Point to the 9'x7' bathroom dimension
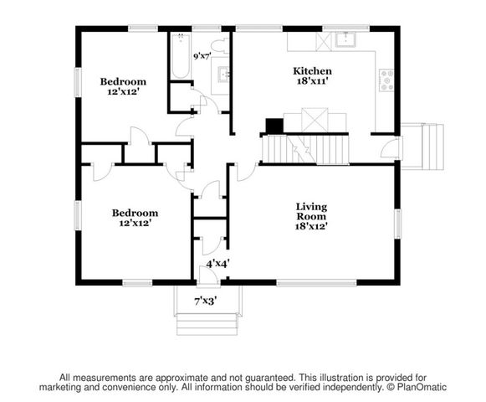click(202, 57)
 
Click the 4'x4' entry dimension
click(216, 262)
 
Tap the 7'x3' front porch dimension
click(206, 300)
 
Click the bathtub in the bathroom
click(180, 56)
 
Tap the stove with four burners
click(387, 80)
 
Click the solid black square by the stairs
click(274, 126)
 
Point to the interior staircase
click(304, 149)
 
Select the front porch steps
click(207, 319)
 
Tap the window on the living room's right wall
click(397, 224)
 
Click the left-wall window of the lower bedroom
click(78, 215)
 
